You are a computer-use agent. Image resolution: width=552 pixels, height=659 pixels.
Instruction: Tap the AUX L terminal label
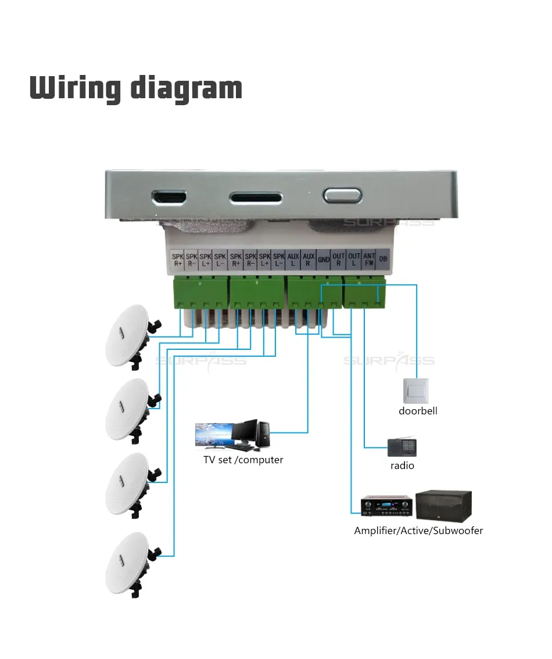click(x=293, y=259)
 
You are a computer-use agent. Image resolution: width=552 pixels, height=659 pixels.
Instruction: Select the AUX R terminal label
click(x=309, y=259)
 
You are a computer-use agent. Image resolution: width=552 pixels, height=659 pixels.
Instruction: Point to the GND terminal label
click(x=324, y=260)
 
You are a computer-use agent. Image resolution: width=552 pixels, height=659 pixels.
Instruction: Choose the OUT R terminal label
click(x=339, y=259)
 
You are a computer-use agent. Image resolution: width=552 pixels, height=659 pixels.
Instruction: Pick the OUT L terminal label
click(x=354, y=259)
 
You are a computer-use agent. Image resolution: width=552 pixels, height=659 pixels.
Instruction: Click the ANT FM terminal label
click(x=369, y=259)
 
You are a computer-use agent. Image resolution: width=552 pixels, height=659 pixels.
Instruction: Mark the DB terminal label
click(x=383, y=259)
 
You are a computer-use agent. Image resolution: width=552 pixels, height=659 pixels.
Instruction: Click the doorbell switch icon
click(x=415, y=391)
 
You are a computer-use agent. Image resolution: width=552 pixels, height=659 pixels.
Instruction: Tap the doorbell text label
click(x=418, y=411)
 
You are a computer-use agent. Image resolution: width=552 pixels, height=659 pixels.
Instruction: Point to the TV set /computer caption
click(x=243, y=460)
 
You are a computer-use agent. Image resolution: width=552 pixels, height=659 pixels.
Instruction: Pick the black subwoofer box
click(x=444, y=505)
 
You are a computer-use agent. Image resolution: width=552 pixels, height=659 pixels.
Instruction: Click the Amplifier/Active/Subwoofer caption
click(x=418, y=530)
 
